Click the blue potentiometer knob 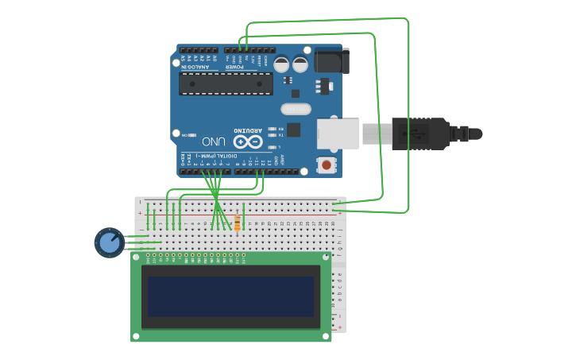(109, 242)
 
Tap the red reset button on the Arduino (326, 165)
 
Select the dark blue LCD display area (230, 296)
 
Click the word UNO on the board (213, 141)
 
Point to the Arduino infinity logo (247, 141)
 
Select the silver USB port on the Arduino (338, 134)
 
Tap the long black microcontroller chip (226, 83)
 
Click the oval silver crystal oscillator (296, 109)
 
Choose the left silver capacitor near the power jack (281, 64)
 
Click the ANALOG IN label (196, 68)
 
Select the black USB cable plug (421, 134)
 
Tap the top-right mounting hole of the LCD (325, 257)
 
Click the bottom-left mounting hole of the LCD (136, 336)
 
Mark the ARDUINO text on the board (247, 130)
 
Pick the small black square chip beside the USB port (293, 130)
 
